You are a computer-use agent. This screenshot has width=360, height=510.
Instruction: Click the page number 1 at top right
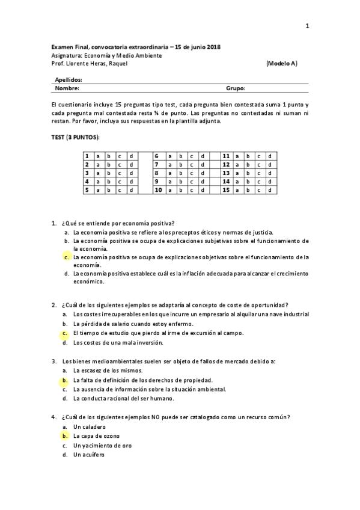pos(307,25)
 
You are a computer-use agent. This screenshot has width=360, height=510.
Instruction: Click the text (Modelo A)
pos(281,63)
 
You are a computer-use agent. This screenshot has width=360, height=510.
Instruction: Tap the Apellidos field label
pos(69,79)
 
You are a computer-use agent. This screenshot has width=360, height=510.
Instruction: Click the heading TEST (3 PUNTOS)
pos(76,138)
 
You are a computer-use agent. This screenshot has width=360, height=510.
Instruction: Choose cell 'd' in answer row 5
pos(131,190)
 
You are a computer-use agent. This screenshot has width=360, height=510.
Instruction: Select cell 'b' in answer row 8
pos(181,173)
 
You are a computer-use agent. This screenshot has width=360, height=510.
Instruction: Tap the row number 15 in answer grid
pos(227,190)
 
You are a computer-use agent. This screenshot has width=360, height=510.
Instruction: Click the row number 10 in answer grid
pos(159,190)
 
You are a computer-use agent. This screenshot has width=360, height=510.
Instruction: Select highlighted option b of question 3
pos(65,380)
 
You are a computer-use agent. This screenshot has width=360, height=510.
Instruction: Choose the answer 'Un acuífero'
pos(88,455)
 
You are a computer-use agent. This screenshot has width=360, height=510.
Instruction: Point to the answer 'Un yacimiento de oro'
pos(102,445)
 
